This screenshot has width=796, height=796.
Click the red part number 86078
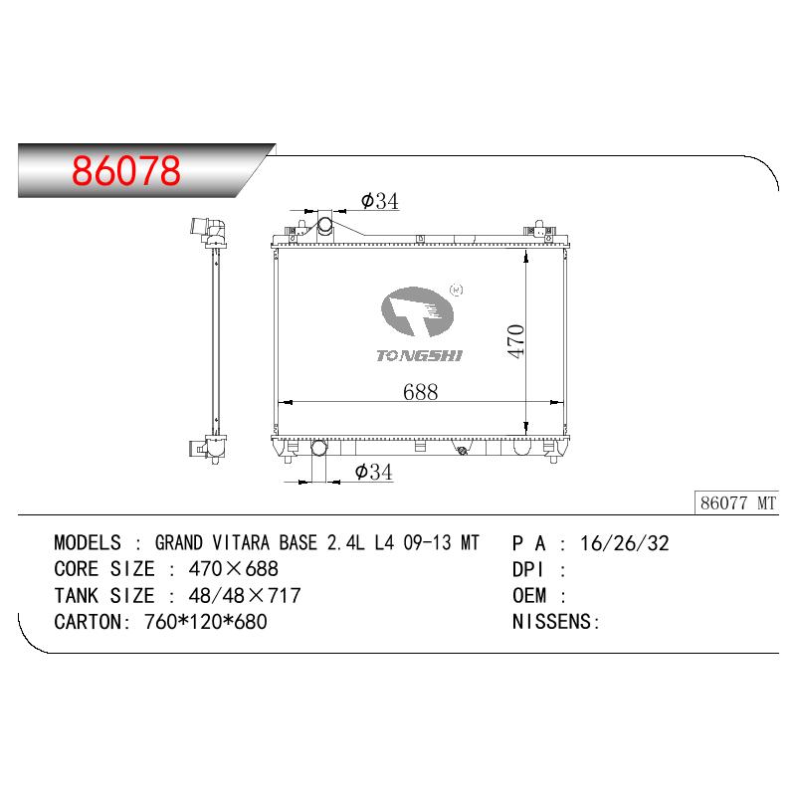coord(126,170)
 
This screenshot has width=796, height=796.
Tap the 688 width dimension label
coord(420,392)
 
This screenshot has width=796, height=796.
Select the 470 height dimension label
coord(515,341)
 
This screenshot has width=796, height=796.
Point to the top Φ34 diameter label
coord(380,201)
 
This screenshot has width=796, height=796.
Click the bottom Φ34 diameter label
coord(374,472)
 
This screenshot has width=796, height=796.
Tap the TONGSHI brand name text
coord(419,356)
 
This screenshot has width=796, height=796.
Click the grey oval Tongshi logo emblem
coord(417,311)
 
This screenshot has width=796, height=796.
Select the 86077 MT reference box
coord(736,503)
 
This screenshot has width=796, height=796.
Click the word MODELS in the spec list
coord(88,542)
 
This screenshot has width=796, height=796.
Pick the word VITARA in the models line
coord(241,542)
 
